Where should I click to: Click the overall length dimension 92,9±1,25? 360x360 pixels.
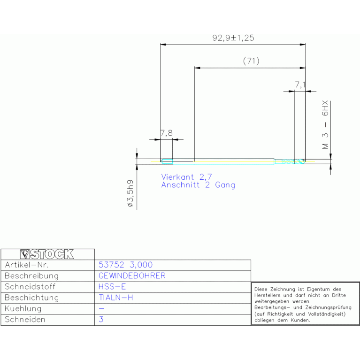click(233, 38)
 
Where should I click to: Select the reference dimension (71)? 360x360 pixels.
click(251, 61)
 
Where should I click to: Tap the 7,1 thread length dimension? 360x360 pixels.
click(300, 84)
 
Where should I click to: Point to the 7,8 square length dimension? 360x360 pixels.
click(167, 133)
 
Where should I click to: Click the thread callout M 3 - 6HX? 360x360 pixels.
click(325, 125)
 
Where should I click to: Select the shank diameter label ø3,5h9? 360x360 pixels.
click(130, 193)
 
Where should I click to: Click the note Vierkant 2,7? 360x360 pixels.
click(186, 177)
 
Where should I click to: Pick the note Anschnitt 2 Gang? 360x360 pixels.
click(198, 185)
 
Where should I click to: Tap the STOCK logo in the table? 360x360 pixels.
click(47, 254)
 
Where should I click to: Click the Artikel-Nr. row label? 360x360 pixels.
click(27, 265)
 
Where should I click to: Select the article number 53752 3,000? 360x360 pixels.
click(126, 265)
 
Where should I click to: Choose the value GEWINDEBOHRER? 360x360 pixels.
click(132, 276)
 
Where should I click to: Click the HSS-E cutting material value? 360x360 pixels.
click(112, 287)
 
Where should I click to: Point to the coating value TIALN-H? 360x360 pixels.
click(116, 298)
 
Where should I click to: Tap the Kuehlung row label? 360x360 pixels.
click(23, 309)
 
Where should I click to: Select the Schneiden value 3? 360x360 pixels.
click(101, 319)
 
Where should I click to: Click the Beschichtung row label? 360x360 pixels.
click(32, 298)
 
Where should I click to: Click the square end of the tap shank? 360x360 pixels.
click(167, 161)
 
